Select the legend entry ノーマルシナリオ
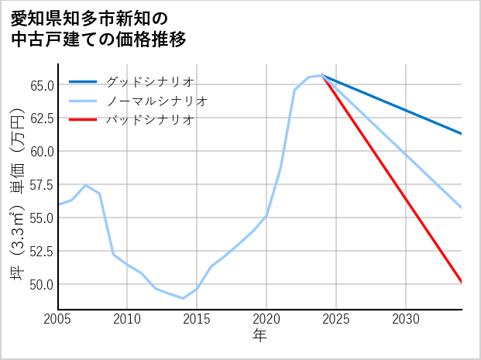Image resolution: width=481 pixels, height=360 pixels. pos(156,101)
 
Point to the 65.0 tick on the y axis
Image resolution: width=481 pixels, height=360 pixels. pos(41,84)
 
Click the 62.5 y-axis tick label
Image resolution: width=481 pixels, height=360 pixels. pos(41,118)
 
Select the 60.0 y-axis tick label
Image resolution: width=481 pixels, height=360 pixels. pos(41,151)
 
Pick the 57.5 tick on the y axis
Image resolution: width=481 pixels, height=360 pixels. pos(41,184)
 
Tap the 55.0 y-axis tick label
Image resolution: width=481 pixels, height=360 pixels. pos(41,218)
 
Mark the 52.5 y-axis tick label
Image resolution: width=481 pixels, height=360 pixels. pos(41,251)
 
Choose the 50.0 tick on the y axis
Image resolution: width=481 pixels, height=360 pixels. pos(41,284)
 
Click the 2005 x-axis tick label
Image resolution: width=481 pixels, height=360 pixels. pos(58,319)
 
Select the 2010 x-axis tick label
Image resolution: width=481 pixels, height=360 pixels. pos(128,319)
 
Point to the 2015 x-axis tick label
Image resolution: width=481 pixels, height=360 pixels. pos(197,319)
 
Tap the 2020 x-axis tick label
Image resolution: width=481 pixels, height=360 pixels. pos(266,319)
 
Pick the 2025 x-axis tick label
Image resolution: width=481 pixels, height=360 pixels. pos(336,319)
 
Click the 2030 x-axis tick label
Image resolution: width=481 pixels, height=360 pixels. pos(406,319)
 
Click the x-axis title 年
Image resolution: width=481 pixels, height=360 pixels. pos(260,336)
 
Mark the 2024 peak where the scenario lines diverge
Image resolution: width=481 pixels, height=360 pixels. pos(322,75)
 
